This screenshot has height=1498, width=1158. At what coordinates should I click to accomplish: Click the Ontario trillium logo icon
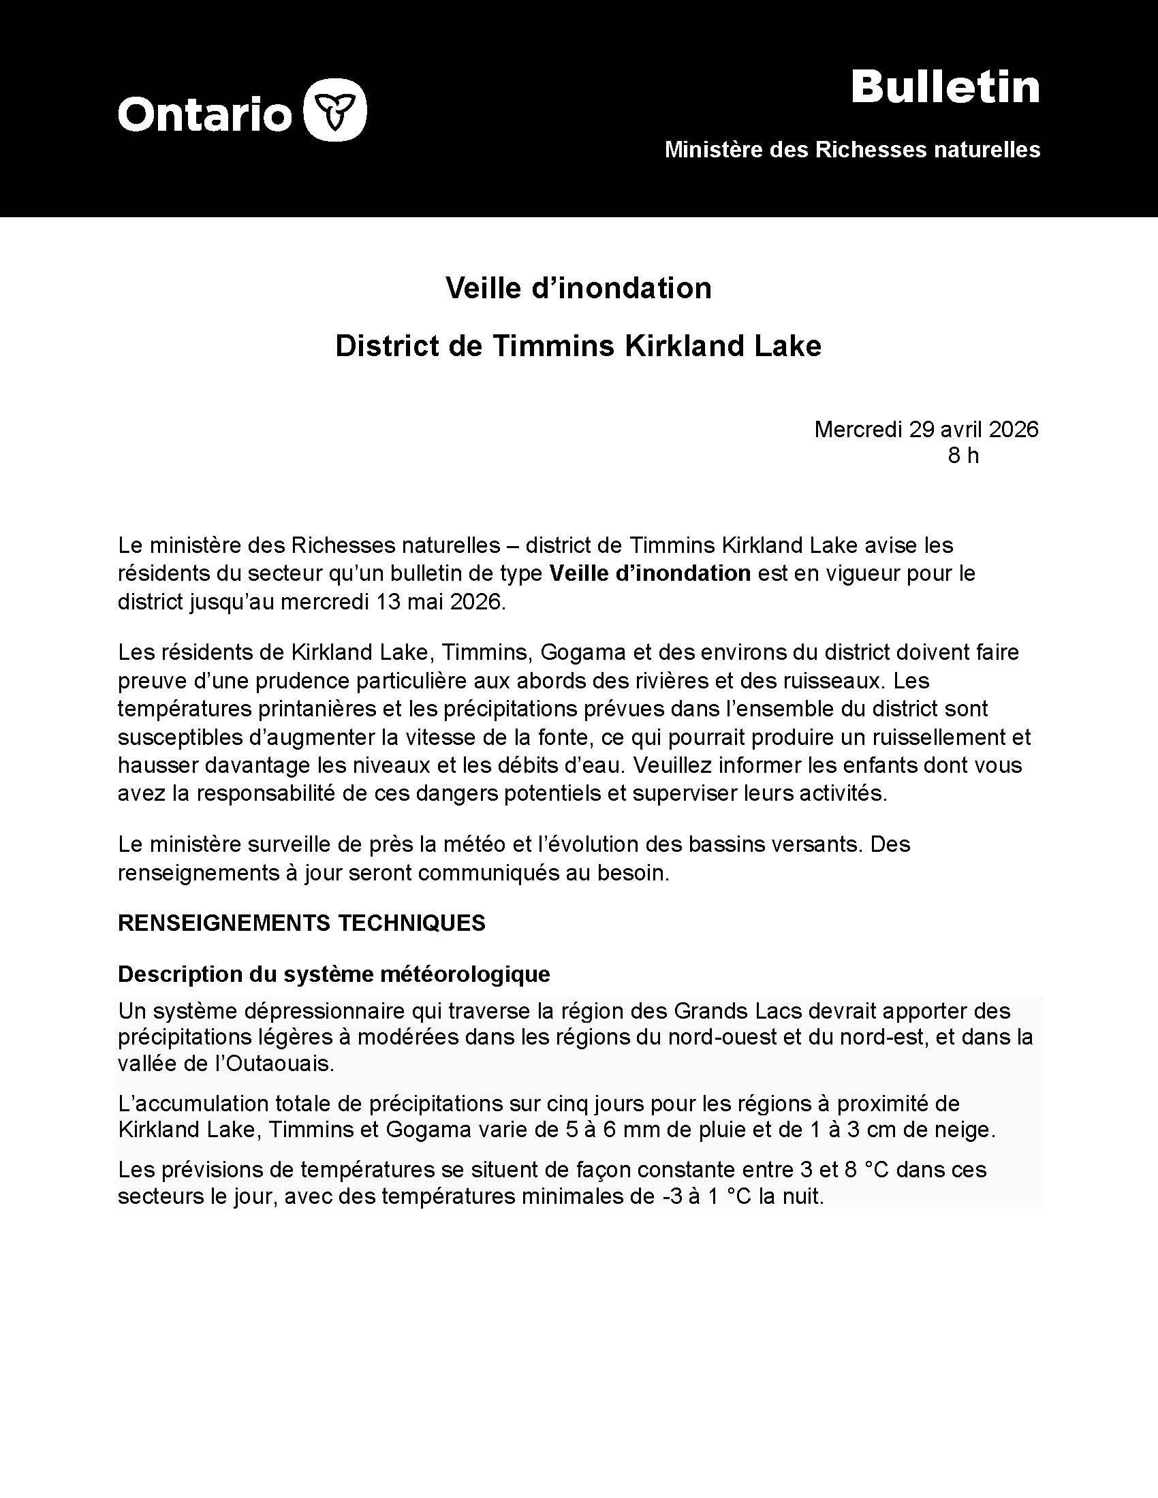[x=334, y=110]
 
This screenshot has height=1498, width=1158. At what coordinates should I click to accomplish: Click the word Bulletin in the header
[x=945, y=88]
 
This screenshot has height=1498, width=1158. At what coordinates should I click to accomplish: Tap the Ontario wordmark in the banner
[x=205, y=113]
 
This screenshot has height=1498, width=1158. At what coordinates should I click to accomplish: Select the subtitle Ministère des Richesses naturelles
[x=852, y=150]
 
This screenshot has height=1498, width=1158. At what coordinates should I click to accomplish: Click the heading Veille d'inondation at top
[x=578, y=288]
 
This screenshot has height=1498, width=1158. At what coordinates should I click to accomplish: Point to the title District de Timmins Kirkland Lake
[x=578, y=347]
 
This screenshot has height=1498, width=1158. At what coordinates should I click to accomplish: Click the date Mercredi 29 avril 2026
[x=926, y=430]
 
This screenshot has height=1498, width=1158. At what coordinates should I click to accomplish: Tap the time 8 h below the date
[x=963, y=456]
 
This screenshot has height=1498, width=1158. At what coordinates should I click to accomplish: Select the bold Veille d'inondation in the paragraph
[x=650, y=573]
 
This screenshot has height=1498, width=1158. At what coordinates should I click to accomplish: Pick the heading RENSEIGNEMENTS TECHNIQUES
[x=302, y=923]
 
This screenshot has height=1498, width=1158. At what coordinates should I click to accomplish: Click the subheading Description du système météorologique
[x=333, y=974]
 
